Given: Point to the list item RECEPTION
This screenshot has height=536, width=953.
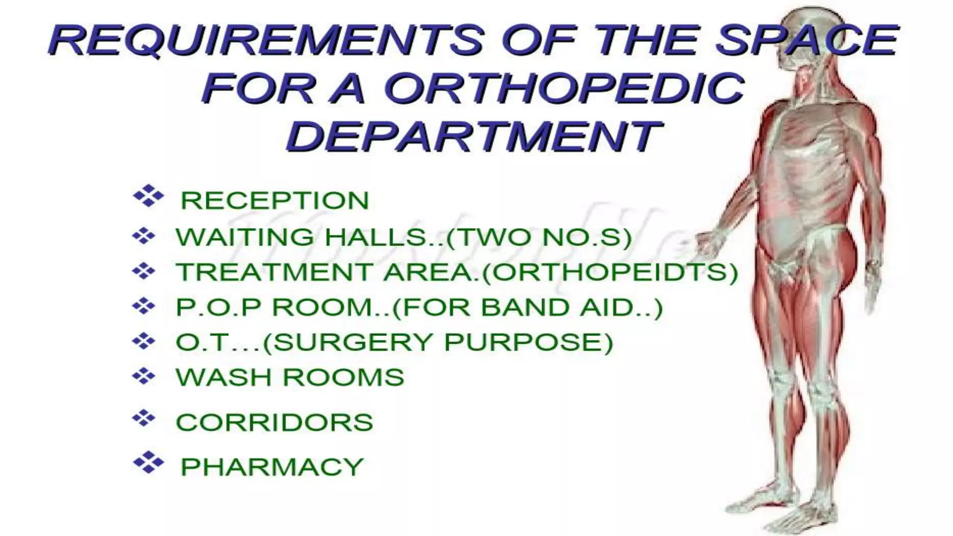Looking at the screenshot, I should pyautogui.click(x=275, y=201).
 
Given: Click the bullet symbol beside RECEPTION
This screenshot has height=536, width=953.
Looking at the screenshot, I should pyautogui.click(x=148, y=196).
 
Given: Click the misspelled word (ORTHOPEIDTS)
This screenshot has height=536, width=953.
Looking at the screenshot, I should pyautogui.click(x=610, y=272).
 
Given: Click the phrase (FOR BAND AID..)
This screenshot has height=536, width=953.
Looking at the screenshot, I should pyautogui.click(x=528, y=308).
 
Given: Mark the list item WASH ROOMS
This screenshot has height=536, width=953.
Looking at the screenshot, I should pyautogui.click(x=290, y=377).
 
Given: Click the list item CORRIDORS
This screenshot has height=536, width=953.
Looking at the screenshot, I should pyautogui.click(x=275, y=422).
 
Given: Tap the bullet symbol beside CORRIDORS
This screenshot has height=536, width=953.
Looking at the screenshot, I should pyautogui.click(x=144, y=418).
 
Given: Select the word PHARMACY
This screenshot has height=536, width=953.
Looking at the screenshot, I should pyautogui.click(x=272, y=467).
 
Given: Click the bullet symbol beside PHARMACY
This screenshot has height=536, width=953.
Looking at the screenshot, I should pyautogui.click(x=148, y=462).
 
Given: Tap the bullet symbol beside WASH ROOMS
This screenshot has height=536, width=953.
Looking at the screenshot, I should pyautogui.click(x=144, y=375).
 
